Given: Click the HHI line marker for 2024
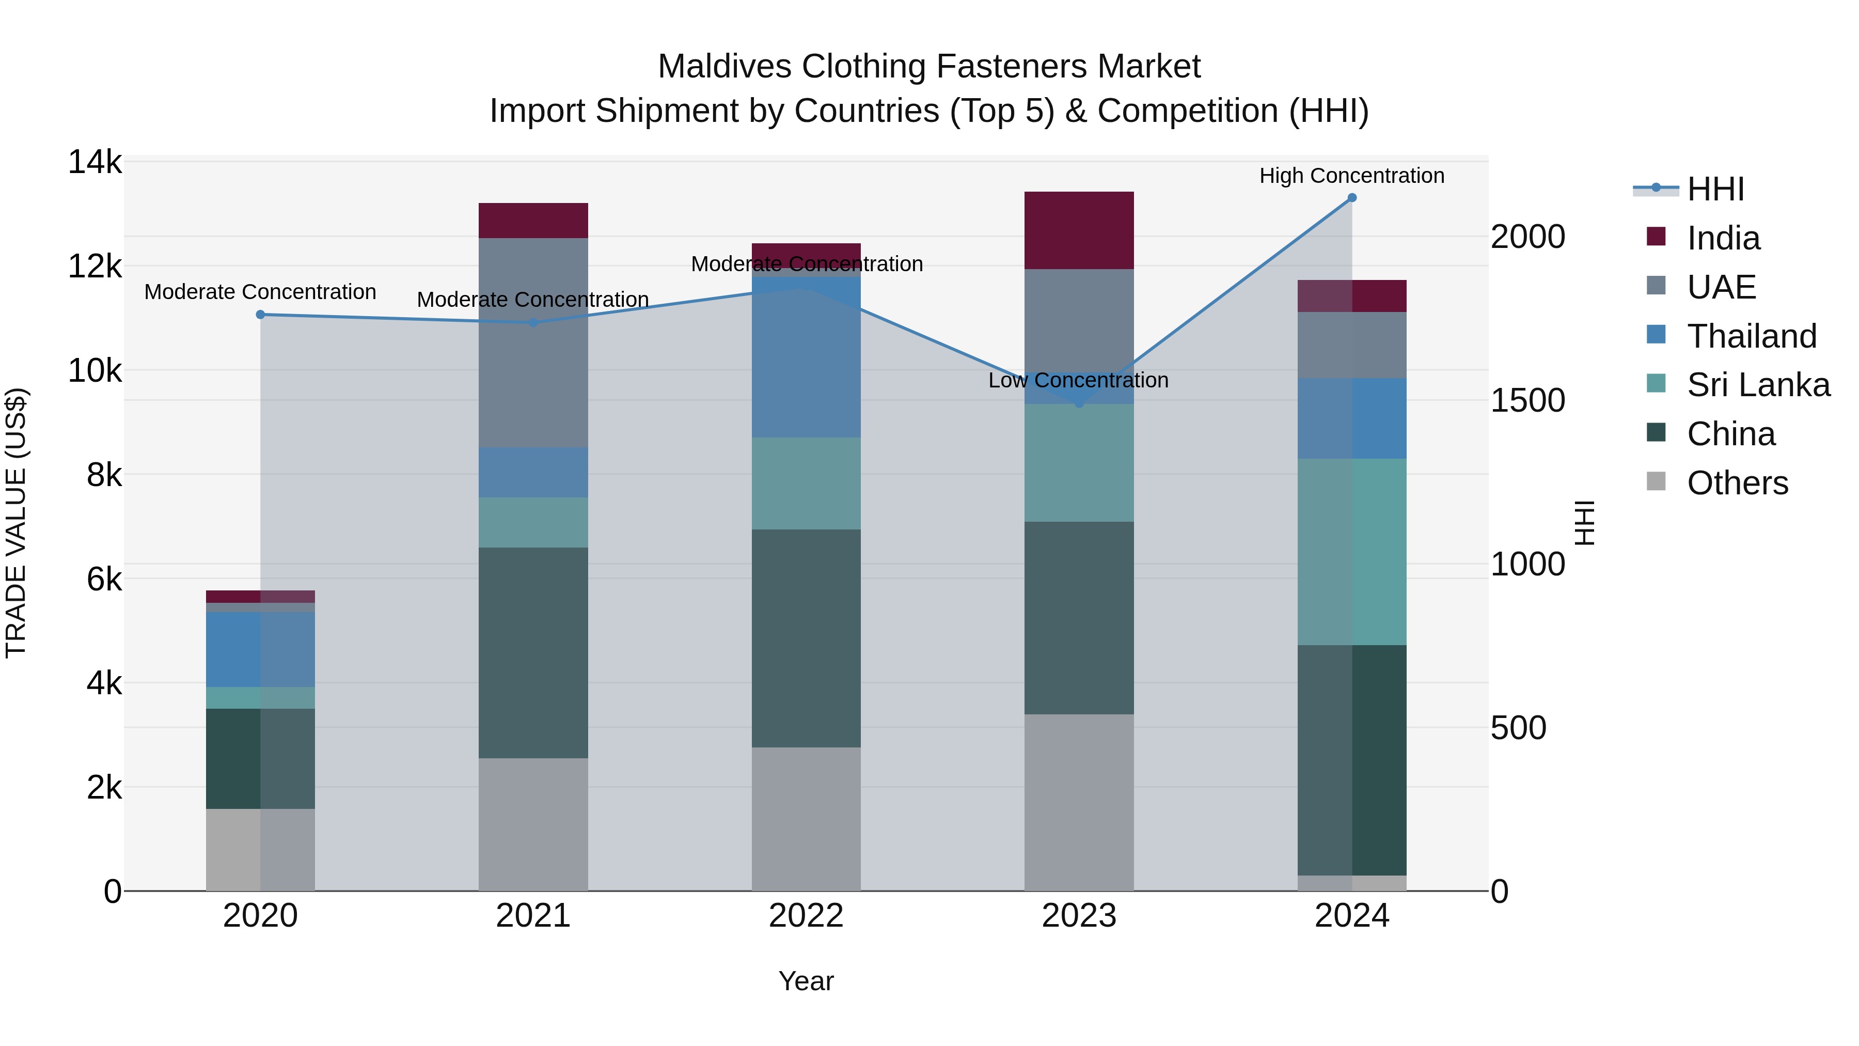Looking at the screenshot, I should (1352, 198).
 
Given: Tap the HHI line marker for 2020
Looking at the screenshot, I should (261, 315).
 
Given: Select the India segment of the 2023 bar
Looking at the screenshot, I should (1079, 231).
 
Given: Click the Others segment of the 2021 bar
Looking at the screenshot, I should (533, 824).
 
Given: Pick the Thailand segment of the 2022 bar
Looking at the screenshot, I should (806, 357).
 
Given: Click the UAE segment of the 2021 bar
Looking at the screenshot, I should (533, 343).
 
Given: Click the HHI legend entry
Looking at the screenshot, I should (1714, 189).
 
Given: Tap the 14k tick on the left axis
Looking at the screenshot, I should (95, 162).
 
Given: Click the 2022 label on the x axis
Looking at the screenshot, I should (806, 916).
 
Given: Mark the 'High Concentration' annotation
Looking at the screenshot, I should (1352, 176).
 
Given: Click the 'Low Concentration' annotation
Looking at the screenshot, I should (1078, 380).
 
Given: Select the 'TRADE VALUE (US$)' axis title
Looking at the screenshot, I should (16, 523).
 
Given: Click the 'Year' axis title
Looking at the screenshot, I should (806, 981).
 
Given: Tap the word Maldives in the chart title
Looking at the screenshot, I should (724, 67).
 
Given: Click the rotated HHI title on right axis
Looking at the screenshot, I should (1585, 523).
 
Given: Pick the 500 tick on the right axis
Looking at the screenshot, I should (1518, 728).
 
